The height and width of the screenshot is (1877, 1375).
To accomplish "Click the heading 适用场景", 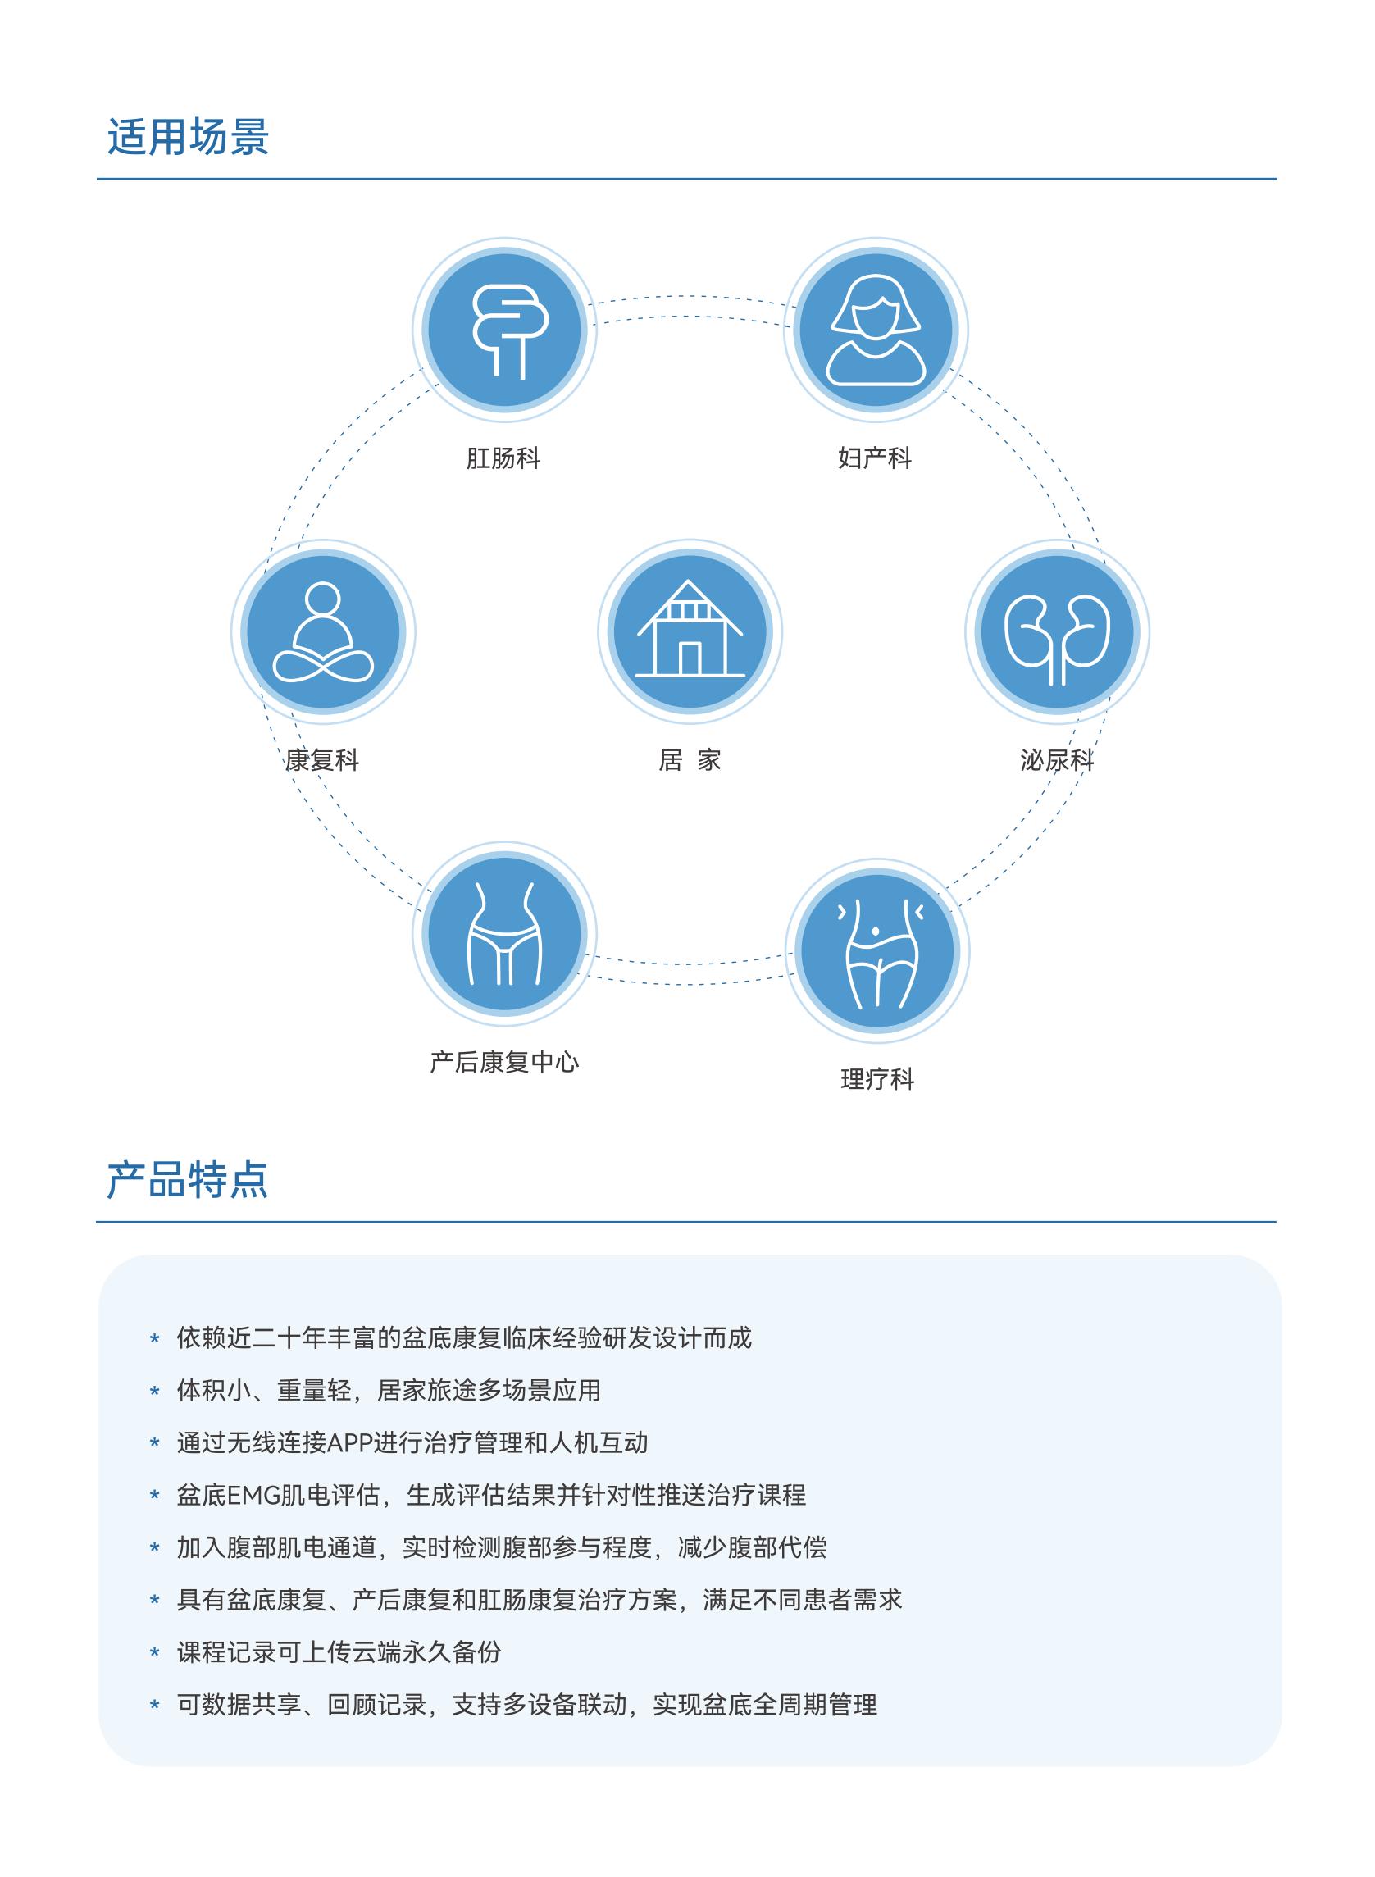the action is tap(188, 137).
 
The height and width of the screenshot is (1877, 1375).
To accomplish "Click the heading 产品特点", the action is tap(188, 1179).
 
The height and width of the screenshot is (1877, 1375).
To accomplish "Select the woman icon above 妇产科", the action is tap(876, 330).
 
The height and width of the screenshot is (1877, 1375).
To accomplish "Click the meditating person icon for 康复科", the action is tap(323, 631).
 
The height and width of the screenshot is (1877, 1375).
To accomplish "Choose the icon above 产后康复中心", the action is tap(504, 934).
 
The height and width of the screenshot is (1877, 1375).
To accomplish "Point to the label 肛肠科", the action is tap(503, 458).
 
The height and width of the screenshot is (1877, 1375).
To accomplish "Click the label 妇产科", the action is tap(875, 458).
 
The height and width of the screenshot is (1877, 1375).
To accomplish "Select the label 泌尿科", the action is tap(1057, 760).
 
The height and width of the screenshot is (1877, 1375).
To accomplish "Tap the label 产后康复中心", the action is tap(504, 1062).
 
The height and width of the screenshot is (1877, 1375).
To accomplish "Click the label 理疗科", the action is tap(877, 1080).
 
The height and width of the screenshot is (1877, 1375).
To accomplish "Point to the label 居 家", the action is tap(690, 760).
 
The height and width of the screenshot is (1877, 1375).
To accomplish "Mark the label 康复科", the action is tap(322, 760).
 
